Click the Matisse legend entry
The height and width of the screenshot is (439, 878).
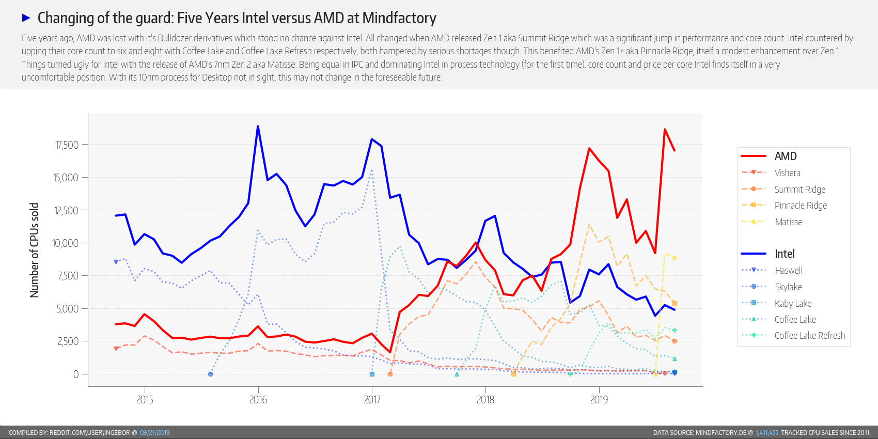click(x=788, y=222)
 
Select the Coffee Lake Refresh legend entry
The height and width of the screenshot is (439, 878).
click(x=809, y=336)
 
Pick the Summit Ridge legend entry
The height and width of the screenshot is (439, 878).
click(x=799, y=190)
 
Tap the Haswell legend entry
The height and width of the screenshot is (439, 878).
click(x=788, y=271)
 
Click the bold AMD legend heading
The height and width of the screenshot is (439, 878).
click(x=785, y=156)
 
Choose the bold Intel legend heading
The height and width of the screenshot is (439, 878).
click(x=785, y=254)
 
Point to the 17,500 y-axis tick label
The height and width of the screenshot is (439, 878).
click(x=67, y=145)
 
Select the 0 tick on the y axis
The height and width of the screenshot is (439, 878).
click(x=76, y=374)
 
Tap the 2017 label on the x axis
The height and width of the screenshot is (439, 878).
click(x=372, y=400)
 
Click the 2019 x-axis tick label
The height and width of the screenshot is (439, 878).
click(x=599, y=400)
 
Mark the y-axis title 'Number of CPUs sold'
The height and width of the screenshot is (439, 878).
click(x=35, y=250)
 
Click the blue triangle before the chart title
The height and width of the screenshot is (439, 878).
click(x=26, y=18)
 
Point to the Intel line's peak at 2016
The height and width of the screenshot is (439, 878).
click(x=258, y=127)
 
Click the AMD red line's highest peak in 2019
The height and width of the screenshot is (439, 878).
click(x=665, y=130)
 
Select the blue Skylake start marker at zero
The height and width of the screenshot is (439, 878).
click(x=210, y=374)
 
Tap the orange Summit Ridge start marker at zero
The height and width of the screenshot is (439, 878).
click(x=390, y=374)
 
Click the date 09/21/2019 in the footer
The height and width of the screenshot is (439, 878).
click(x=154, y=433)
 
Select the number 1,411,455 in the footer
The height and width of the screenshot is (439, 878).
click(x=766, y=433)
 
